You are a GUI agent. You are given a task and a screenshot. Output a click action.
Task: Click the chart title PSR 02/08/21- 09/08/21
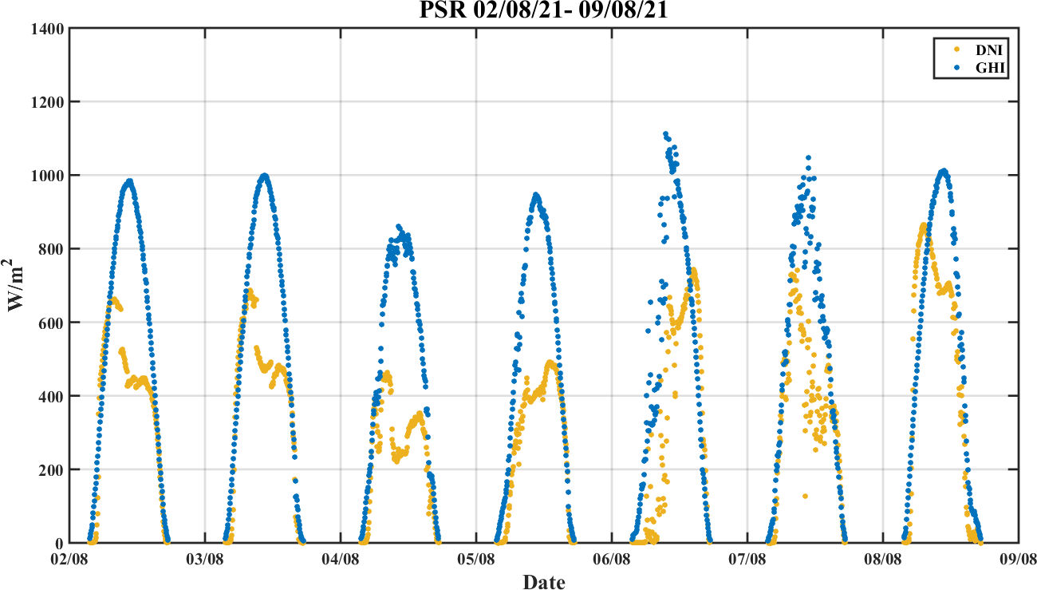point(543,11)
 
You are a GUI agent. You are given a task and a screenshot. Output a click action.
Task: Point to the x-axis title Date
point(543,582)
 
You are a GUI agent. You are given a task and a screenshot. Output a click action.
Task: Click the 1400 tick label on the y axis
point(48,29)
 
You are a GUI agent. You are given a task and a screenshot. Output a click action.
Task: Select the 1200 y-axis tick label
point(48,102)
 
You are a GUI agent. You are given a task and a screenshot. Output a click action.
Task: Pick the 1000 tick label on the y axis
point(48,176)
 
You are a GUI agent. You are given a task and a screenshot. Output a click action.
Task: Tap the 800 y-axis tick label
point(52,249)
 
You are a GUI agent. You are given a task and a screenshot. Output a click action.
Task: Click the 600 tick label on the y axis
point(52,323)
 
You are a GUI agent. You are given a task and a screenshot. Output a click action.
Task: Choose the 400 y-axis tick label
point(52,396)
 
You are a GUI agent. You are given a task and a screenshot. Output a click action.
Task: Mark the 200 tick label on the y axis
point(52,469)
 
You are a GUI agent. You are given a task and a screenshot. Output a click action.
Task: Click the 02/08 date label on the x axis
point(70,560)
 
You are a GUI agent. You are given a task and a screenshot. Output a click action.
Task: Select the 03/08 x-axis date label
point(206,560)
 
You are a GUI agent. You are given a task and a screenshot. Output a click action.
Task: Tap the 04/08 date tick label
point(341,560)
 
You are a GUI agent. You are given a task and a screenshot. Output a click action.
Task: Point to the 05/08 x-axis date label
point(477,560)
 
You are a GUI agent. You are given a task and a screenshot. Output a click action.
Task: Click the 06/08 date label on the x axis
point(612,560)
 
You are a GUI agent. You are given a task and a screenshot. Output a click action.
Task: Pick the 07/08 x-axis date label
point(747,560)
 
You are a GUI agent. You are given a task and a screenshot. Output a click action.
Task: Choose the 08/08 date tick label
point(883,560)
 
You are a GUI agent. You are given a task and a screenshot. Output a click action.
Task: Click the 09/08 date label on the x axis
point(1018,560)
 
